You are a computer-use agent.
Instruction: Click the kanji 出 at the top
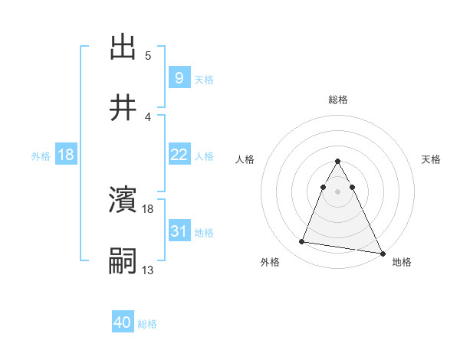[123, 47]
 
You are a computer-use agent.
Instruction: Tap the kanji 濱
[123, 201]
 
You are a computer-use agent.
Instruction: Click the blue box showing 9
[179, 78]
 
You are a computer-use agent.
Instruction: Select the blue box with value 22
[179, 155]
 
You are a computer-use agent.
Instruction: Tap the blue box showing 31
[179, 231]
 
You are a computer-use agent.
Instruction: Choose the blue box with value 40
[123, 322]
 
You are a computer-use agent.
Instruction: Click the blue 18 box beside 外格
[66, 155]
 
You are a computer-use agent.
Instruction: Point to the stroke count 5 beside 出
[148, 56]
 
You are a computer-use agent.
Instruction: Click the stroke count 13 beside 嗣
[148, 270]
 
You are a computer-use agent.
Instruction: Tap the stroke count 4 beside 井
[148, 117]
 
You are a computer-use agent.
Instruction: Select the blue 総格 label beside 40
[147, 324]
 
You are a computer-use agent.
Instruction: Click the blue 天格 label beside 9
[203, 80]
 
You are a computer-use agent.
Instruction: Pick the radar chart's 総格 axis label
[338, 100]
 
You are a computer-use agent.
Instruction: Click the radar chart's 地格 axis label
[402, 262]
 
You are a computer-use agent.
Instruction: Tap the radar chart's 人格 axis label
[245, 159]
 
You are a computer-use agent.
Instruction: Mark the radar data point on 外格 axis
[301, 242]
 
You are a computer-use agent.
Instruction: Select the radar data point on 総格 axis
[337, 162]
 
